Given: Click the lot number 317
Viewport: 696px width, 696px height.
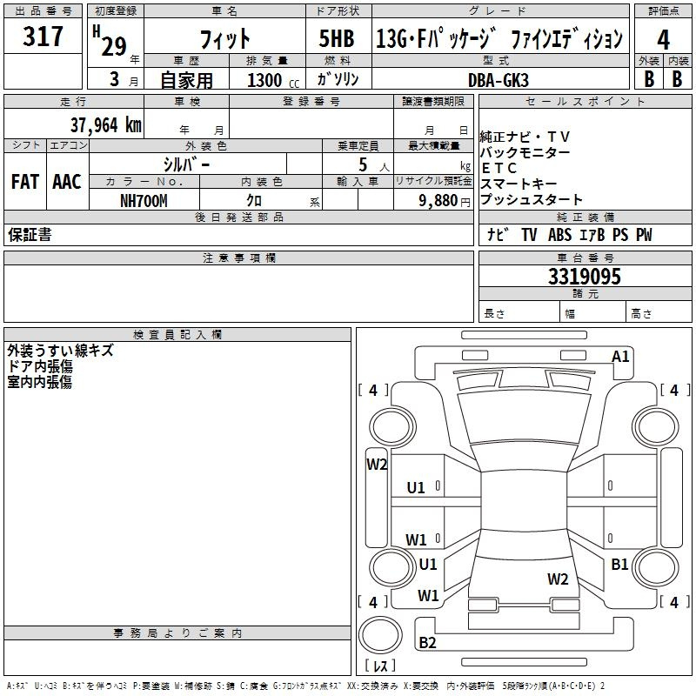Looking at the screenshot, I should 43,37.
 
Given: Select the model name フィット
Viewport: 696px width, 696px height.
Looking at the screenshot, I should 224,38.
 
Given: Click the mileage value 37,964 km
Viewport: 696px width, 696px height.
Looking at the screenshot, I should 105,124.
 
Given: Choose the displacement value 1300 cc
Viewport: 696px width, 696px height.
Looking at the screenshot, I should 270,80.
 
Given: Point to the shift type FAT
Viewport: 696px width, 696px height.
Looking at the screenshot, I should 25,182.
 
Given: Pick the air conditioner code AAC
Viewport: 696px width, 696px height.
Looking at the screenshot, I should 67,182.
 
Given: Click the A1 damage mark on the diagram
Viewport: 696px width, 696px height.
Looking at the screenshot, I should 620,356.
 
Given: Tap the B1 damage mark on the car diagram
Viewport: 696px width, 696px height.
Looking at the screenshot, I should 619,564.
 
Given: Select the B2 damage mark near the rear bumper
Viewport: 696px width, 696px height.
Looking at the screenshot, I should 427,643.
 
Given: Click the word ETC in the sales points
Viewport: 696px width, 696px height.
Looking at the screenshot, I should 499,168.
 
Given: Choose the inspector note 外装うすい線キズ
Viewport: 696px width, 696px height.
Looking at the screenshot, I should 60,351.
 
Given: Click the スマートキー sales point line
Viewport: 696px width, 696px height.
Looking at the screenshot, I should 518,184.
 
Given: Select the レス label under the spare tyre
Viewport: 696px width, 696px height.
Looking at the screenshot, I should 379,666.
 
